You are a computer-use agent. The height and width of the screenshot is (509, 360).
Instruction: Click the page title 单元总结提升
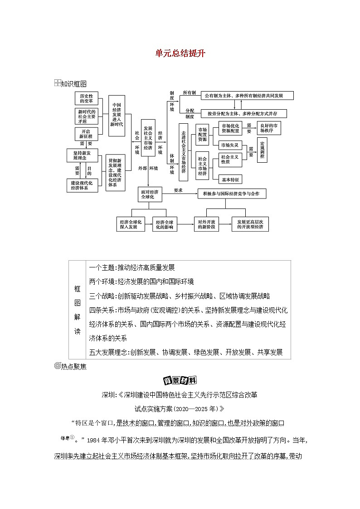point(180,53)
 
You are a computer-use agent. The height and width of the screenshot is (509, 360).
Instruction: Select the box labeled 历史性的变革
point(86,99)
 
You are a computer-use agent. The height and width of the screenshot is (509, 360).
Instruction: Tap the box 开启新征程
point(86,134)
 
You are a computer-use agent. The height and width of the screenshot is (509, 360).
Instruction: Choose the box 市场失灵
point(230,145)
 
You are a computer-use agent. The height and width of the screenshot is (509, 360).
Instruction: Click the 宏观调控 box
point(262,150)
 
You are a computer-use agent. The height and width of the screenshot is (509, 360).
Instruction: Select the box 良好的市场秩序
point(269,128)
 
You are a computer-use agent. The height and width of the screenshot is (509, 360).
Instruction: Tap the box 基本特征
point(230,179)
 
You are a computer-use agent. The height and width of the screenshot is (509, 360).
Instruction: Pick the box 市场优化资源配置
point(230,128)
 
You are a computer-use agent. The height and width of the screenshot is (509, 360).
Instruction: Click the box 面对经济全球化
point(148,194)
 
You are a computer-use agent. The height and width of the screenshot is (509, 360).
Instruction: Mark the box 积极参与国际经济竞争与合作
point(232,194)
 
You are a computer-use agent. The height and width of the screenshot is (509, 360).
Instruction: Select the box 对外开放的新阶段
point(207,224)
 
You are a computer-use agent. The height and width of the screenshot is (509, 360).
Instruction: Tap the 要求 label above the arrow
point(178,190)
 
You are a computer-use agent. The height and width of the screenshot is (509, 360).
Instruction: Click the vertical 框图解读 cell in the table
point(77,310)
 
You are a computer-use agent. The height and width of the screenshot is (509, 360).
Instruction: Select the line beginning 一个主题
point(132,267)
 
